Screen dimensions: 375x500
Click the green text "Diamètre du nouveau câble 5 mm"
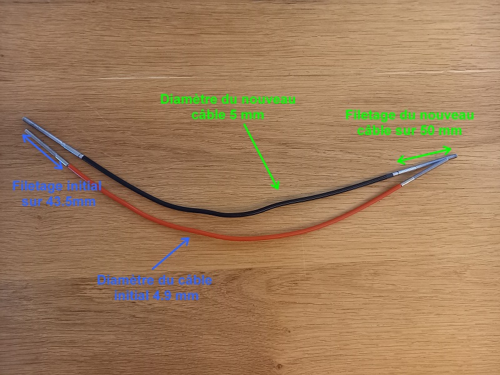[x=228, y=107]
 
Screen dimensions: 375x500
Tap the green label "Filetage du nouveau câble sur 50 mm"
[x=410, y=123]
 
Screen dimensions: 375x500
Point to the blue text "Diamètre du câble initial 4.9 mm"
[x=155, y=287]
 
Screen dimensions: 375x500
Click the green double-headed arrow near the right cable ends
[x=425, y=154]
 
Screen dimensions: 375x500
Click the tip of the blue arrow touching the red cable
[x=188, y=238]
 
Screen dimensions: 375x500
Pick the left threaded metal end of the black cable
[x=47, y=134]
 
